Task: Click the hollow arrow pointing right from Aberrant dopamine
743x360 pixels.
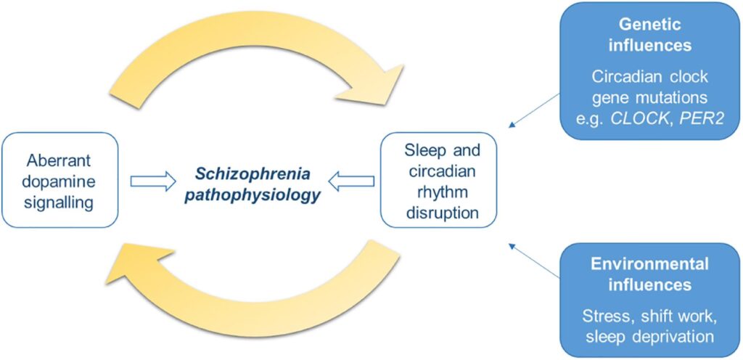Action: (x=153, y=179)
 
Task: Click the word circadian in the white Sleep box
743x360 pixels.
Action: (x=438, y=172)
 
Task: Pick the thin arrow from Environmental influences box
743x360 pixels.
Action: (x=535, y=261)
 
